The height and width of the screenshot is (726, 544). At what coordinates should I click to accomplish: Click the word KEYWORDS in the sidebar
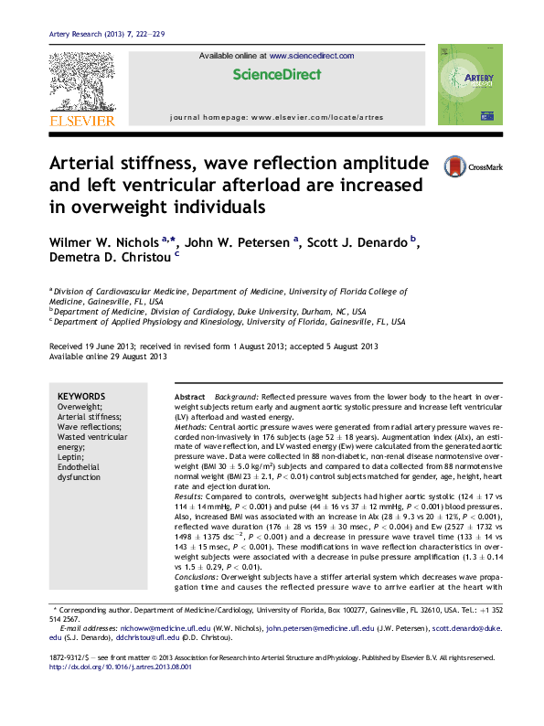pos(81,396)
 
